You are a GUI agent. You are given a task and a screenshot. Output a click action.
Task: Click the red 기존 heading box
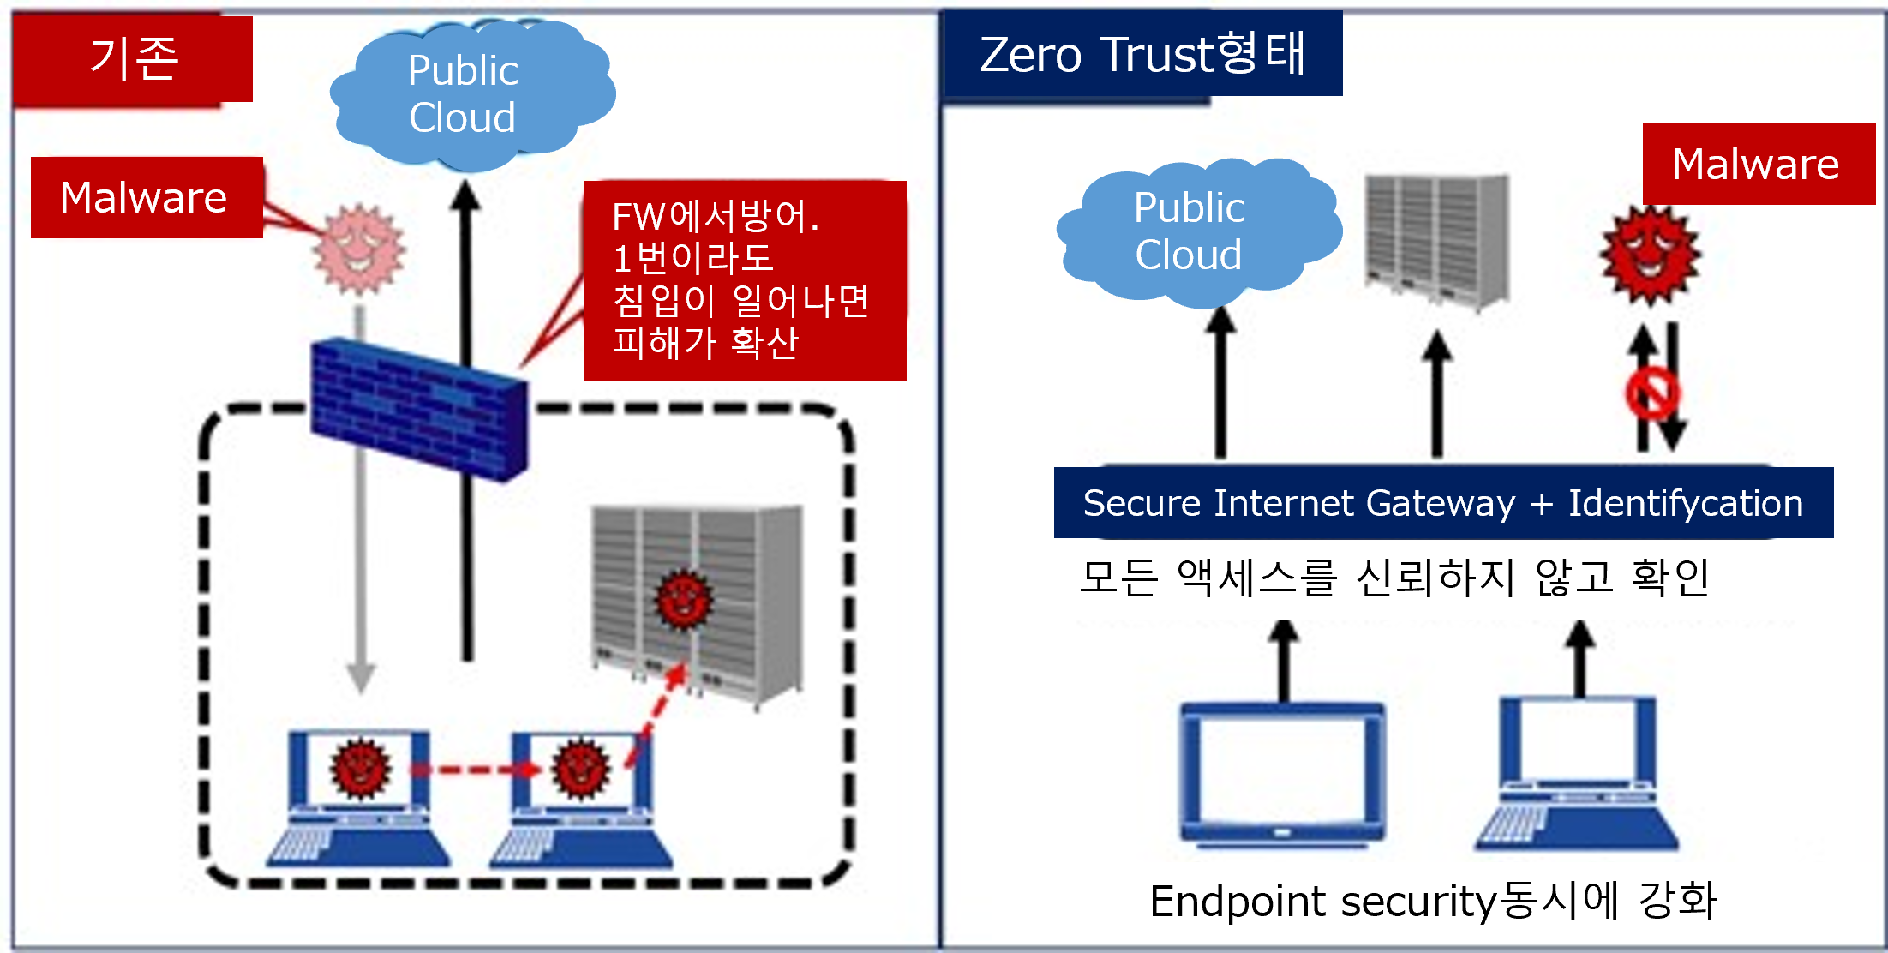pos(133,59)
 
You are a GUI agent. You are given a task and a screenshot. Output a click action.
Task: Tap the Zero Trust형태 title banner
pos(1142,54)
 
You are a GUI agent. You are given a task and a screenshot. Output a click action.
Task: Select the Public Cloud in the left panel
pos(467,94)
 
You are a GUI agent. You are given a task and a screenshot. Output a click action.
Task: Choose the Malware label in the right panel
pos(1757,164)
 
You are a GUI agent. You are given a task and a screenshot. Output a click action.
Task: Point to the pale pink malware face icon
pos(359,249)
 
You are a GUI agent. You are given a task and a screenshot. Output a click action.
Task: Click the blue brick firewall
pos(419,408)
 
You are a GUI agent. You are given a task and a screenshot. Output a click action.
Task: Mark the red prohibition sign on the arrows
pos(1652,393)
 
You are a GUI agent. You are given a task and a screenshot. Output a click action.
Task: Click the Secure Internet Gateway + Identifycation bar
pos(1443,503)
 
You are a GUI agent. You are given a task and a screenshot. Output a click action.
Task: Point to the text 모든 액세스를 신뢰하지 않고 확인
pos(1394,577)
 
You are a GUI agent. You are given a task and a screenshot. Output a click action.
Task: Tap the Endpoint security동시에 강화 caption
pos(1433,901)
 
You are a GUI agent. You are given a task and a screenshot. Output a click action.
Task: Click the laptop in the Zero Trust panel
pos(1577,776)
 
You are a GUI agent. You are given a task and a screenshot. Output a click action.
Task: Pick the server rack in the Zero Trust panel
pos(1437,240)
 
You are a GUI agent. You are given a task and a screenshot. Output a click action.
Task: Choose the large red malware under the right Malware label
pos(1650,255)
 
